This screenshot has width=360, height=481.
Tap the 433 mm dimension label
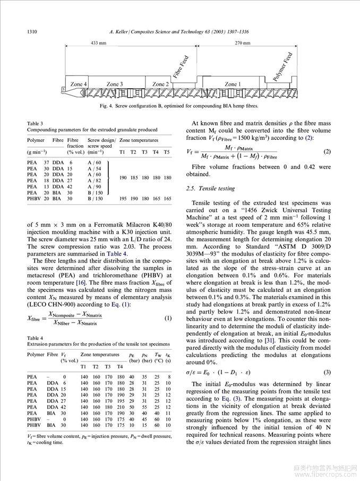point(98,43)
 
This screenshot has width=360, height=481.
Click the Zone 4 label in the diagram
point(79,84)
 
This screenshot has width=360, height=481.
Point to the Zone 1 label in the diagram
point(232,84)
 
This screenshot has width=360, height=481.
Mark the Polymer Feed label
point(282,67)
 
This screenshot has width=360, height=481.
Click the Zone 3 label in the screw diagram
point(115,84)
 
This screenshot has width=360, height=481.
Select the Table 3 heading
point(35,124)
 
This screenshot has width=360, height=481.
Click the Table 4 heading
point(35,337)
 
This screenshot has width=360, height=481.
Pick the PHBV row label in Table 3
point(34,198)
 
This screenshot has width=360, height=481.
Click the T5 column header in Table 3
point(167,151)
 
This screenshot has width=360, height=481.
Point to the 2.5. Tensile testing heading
point(211,189)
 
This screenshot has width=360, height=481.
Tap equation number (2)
point(327,152)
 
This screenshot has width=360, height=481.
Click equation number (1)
point(168,318)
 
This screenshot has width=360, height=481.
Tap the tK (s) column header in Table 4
point(168,357)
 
